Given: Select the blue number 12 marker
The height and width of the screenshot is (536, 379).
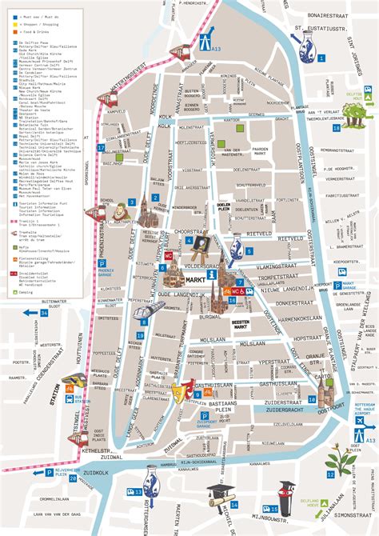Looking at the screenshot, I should point(330,474).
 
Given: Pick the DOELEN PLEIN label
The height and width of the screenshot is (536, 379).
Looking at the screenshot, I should point(223,209).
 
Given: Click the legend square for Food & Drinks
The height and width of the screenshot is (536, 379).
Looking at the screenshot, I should point(6,31).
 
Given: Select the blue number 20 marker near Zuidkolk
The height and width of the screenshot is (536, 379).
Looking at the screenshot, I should point(73,479).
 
